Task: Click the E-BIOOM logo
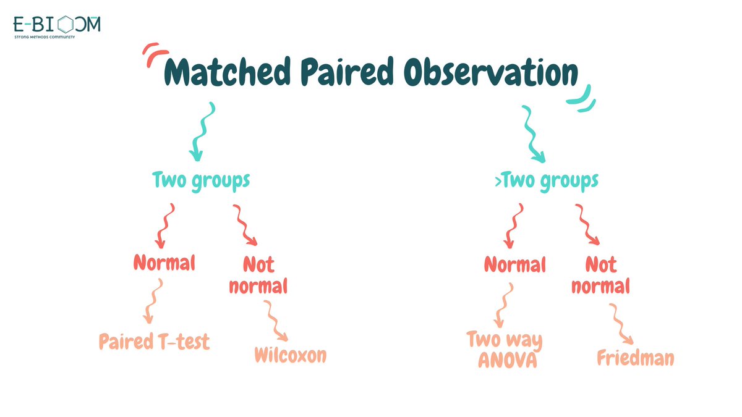(57, 26)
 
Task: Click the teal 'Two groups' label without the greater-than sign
(201, 180)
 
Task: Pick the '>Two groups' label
(549, 180)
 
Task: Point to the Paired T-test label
(154, 341)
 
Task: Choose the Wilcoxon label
(290, 355)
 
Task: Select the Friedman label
(635, 358)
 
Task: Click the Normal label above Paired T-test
(164, 263)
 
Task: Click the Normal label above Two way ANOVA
(514, 265)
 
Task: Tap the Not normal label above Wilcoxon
(258, 276)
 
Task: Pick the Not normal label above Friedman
(600, 276)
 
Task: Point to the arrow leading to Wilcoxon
(275, 320)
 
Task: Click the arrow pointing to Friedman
(620, 324)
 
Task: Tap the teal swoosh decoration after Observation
(581, 98)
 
